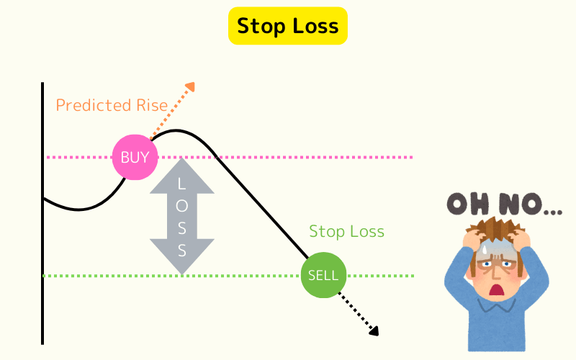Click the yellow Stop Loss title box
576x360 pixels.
[287, 27]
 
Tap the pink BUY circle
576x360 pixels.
[135, 157]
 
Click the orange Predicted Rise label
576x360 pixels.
[112, 105]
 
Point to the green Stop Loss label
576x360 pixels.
[346, 232]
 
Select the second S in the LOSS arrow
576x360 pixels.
[182, 251]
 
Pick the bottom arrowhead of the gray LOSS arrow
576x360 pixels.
[182, 266]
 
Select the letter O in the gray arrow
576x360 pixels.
[182, 207]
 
